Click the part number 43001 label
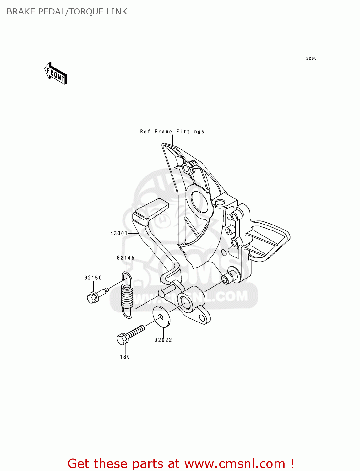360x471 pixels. click(119, 233)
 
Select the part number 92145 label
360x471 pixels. click(126, 258)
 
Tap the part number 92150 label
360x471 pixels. click(93, 278)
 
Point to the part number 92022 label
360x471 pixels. click(163, 340)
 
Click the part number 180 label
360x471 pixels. click(125, 357)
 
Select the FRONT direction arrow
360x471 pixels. click(56, 74)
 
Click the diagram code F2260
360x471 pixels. click(310, 58)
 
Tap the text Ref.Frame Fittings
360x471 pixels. click(172, 132)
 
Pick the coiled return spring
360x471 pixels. click(127, 295)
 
